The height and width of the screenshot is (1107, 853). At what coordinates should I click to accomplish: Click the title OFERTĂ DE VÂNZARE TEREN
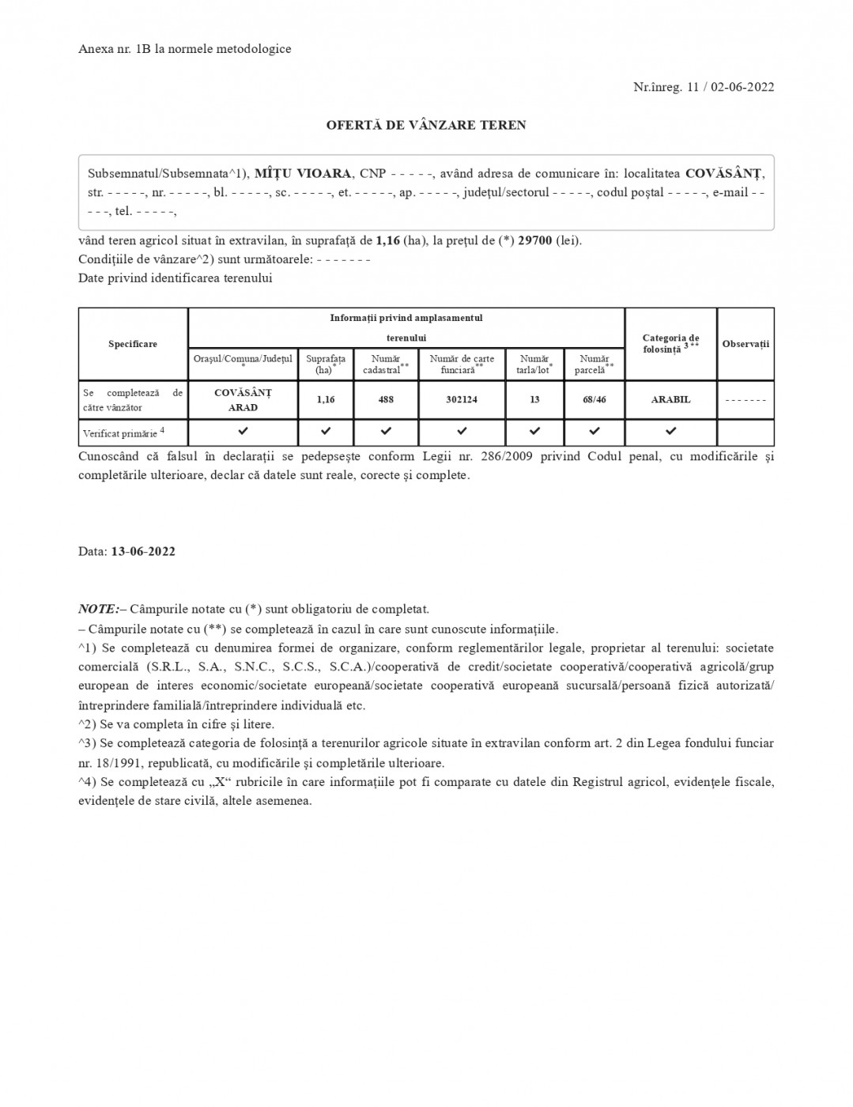tap(426, 125)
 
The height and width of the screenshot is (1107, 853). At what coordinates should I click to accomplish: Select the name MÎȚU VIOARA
tap(304, 173)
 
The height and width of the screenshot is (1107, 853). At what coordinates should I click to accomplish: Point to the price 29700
tap(535, 240)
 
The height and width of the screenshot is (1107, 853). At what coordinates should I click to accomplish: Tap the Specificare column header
tap(133, 344)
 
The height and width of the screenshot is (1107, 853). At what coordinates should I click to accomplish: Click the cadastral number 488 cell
tap(386, 399)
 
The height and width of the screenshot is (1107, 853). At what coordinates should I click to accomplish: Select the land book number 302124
tap(462, 399)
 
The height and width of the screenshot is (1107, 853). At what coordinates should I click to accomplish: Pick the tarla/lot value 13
tap(534, 399)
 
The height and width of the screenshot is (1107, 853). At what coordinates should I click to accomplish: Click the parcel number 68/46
tap(594, 399)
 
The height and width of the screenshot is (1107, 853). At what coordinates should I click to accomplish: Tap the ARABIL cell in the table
tap(670, 399)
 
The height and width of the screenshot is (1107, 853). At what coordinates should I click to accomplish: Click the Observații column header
tap(745, 344)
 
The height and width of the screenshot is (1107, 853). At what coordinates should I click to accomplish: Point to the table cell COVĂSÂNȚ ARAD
tap(243, 399)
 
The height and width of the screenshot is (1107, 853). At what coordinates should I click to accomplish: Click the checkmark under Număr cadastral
tap(386, 432)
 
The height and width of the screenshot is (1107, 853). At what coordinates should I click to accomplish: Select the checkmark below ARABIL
tap(670, 432)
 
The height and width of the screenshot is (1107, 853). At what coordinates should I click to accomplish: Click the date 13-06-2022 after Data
tap(143, 551)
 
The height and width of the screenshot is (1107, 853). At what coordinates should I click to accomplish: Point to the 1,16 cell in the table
tap(326, 399)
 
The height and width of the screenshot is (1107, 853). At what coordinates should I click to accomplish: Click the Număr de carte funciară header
tap(462, 364)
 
